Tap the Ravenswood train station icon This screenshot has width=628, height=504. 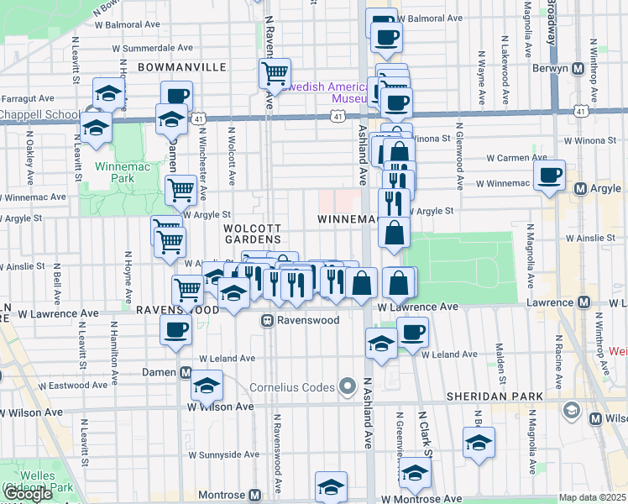pyautogui.click(x=267, y=320)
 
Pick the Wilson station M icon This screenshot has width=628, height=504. pyautogui.click(x=596, y=418)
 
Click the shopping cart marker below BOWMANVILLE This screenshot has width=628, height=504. pyautogui.click(x=275, y=75)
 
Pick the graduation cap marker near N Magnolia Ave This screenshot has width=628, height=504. pyautogui.click(x=479, y=442)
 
